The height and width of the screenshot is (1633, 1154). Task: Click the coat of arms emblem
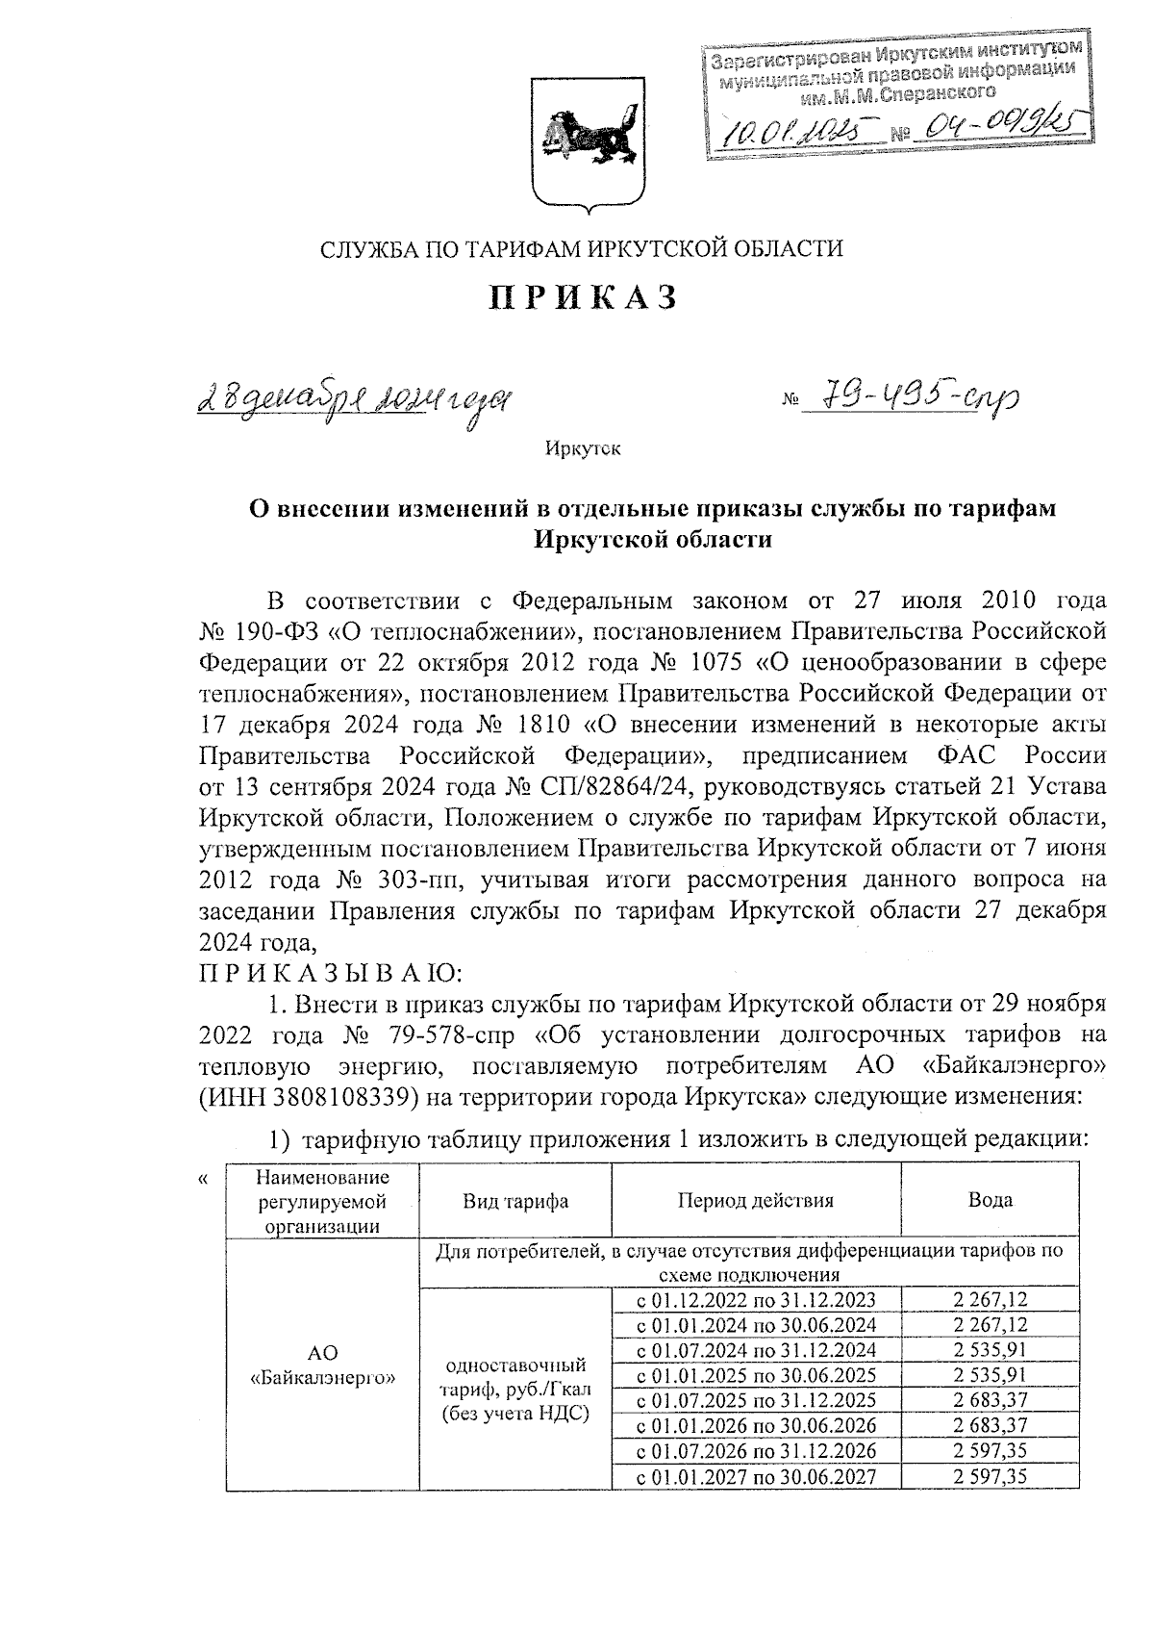click(583, 140)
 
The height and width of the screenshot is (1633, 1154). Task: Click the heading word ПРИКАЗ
click(584, 297)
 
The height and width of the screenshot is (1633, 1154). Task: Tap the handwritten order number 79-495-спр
click(910, 395)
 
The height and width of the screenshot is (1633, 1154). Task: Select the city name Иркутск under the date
click(583, 448)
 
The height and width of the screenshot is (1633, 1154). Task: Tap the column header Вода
click(990, 1200)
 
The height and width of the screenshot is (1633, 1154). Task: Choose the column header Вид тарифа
click(515, 1200)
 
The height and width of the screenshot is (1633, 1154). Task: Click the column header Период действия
click(756, 1200)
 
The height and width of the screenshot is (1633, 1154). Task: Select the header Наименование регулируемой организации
click(322, 1200)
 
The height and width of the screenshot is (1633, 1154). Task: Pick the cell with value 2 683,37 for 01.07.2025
click(990, 1399)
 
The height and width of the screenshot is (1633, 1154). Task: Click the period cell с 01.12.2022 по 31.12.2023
click(756, 1300)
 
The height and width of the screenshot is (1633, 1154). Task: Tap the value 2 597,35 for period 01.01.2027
click(990, 1476)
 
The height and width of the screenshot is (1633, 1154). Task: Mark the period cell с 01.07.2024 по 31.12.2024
click(756, 1350)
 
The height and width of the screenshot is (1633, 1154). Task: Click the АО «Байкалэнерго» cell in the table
click(322, 1364)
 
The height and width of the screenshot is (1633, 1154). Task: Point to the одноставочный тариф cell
click(515, 1389)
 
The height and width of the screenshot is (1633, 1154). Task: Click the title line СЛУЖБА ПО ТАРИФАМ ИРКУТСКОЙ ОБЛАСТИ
click(582, 249)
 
